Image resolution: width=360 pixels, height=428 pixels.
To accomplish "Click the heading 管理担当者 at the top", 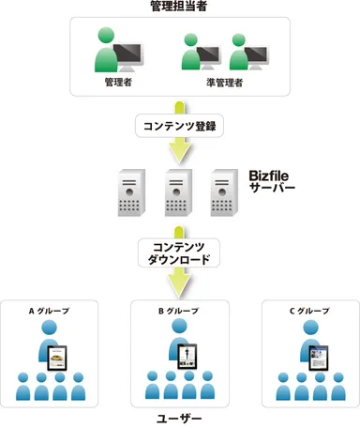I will [x=179, y=8].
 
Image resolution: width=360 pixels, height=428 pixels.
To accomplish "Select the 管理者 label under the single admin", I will [x=120, y=83].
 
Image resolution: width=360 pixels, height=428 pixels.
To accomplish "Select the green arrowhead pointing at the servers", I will [x=178, y=153].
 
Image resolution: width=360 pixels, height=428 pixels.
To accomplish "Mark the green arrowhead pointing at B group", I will [x=178, y=283].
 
